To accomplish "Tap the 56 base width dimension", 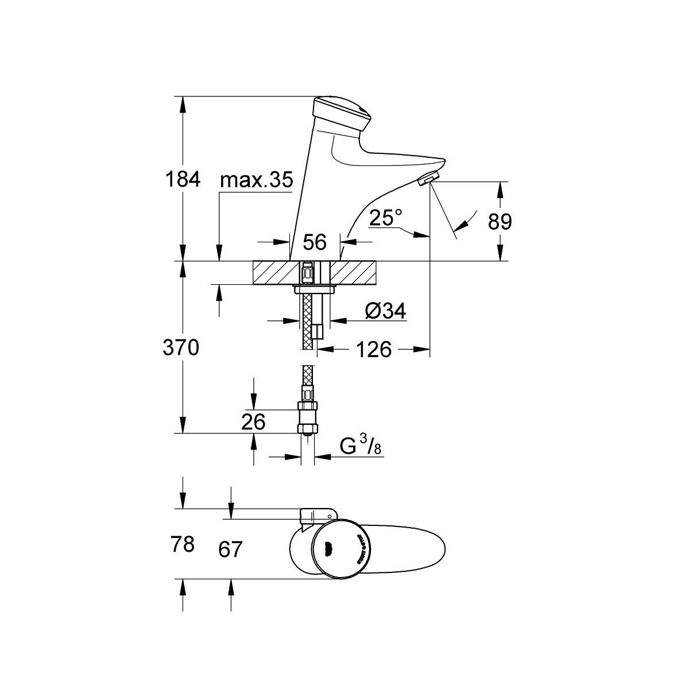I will click(315, 242).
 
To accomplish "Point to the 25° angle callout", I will click(385, 218).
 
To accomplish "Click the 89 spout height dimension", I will click(499, 221).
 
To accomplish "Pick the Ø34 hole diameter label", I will click(385, 311).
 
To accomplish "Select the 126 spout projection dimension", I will click(373, 349).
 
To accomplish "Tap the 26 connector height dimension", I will click(253, 422).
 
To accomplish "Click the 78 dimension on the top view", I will click(184, 544).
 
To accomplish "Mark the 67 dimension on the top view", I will click(231, 549).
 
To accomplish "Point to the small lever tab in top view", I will click(318, 513).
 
